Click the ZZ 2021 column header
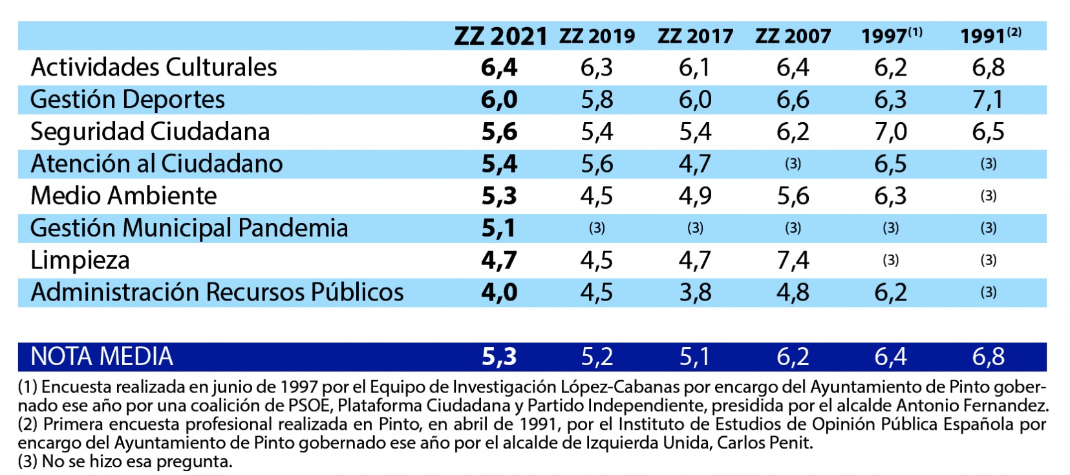(500, 36)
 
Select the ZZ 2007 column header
(793, 36)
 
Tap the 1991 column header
(989, 36)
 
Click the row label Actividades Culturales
(154, 67)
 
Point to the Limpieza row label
(80, 260)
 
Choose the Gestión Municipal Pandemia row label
(189, 228)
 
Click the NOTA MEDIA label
(102, 356)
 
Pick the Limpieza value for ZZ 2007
(793, 260)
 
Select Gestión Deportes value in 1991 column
(988, 100)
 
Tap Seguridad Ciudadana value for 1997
(890, 132)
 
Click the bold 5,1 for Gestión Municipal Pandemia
(498, 228)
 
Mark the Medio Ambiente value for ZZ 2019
(596, 196)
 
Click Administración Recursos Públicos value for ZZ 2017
(695, 292)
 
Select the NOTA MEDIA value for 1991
(988, 356)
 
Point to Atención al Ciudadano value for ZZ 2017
(695, 164)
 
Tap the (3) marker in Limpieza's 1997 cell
(890, 260)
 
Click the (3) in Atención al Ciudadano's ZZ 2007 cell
(793, 164)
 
